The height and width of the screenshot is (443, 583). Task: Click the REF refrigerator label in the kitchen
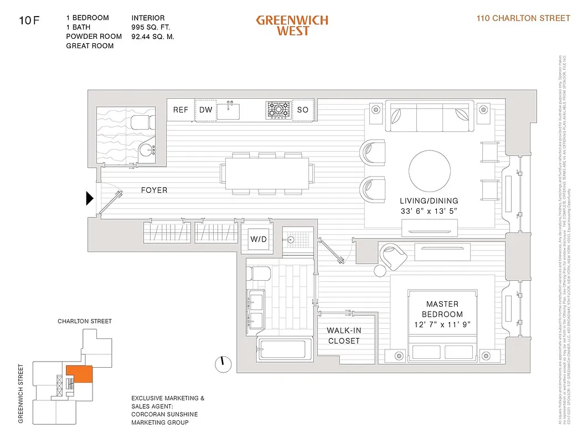pos(180,110)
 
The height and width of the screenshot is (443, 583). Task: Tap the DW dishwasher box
pos(206,110)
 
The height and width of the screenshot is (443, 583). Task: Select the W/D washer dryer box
pos(259,240)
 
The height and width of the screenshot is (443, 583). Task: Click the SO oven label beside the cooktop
pos(302,110)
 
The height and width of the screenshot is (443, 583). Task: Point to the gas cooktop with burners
pos(277,110)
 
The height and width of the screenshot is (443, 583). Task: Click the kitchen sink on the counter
pos(228,110)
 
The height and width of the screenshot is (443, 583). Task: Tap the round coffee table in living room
pos(430,171)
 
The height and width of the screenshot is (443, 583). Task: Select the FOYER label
pos(154,190)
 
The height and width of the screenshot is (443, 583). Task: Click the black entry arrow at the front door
pos(90,198)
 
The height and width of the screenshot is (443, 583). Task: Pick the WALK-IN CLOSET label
pos(344,336)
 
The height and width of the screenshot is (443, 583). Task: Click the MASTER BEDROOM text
pos(442,309)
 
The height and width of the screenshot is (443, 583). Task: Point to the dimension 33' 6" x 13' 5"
pos(430,210)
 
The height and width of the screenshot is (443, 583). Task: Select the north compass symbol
pos(223,363)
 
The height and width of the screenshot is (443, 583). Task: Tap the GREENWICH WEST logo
pos(292,25)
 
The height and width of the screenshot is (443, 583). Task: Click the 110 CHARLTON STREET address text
pos(523,18)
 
